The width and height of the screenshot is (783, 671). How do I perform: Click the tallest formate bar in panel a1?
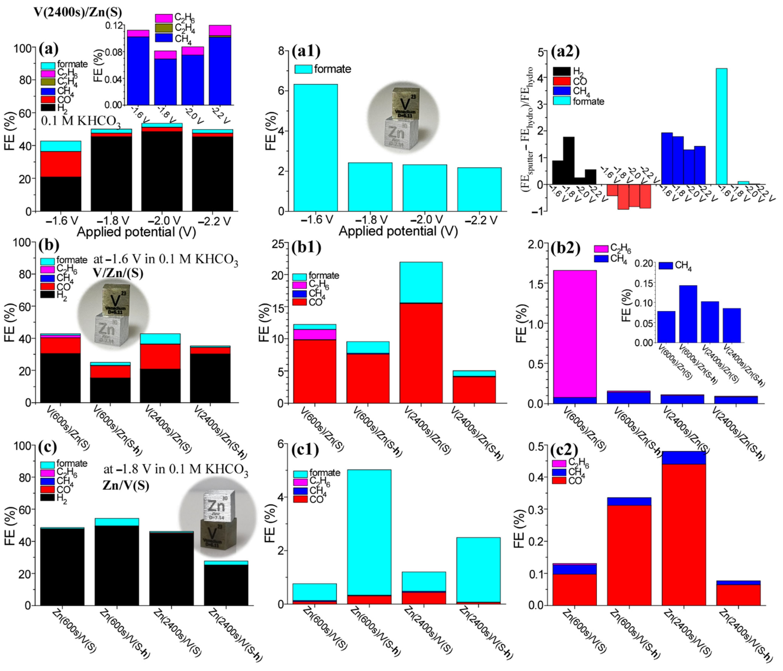316,147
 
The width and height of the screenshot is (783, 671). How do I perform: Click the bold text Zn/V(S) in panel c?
125,486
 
